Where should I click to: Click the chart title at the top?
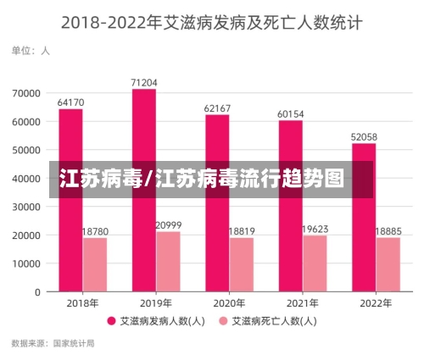(x=211, y=23)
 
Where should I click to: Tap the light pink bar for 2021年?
(x=315, y=263)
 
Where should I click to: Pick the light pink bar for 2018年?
(x=95, y=264)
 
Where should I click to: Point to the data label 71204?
(x=144, y=82)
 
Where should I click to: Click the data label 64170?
(x=70, y=102)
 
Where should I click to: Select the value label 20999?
(x=168, y=225)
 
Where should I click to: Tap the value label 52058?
(x=364, y=136)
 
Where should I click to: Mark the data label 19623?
(x=315, y=229)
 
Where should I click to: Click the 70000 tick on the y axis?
(x=25, y=92)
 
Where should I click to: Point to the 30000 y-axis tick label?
(x=25, y=207)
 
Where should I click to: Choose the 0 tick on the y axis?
(x=37, y=292)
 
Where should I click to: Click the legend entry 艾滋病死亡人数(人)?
(x=267, y=322)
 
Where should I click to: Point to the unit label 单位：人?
(x=31, y=51)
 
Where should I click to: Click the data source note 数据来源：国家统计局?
(x=53, y=344)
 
